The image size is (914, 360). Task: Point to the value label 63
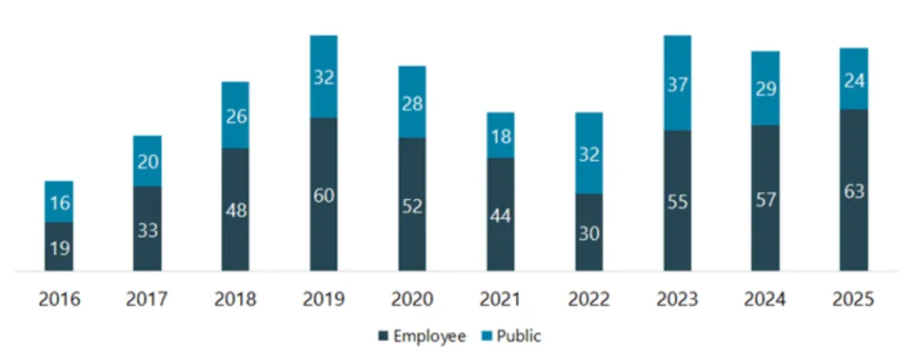pos(854,190)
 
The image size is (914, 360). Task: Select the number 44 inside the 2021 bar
pos(501,215)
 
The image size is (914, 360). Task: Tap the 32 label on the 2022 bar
pos(589,153)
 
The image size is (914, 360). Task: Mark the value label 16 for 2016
pos(59,202)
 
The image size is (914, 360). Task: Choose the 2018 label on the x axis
pos(235,299)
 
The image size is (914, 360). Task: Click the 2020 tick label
pos(412,299)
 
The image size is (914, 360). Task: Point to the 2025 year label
pos(854,299)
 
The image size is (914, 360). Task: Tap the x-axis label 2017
pos(147,299)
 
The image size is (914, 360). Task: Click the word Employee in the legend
pos(429,336)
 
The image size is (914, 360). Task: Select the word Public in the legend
pos(520,336)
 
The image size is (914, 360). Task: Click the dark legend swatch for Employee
pos(384,336)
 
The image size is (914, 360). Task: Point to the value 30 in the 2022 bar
pos(589,232)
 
